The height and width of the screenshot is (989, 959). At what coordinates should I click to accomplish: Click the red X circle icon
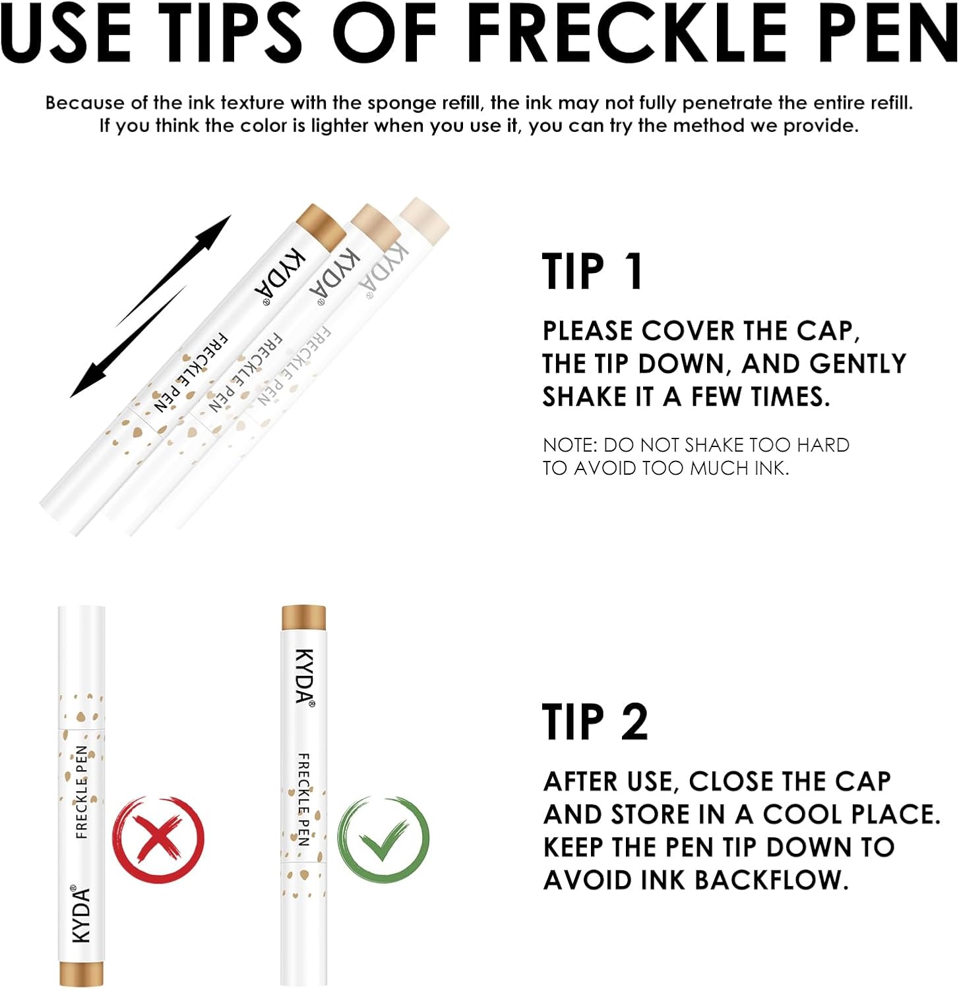click(x=158, y=838)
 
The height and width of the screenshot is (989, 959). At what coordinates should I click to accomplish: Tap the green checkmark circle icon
click(x=383, y=839)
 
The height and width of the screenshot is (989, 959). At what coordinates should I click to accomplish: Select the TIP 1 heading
click(x=592, y=271)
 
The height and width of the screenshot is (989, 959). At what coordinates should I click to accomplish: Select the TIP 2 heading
click(x=595, y=722)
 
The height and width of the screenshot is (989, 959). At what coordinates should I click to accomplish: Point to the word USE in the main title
click(x=67, y=34)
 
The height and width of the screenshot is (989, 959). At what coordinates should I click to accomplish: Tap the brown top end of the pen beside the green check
click(x=303, y=618)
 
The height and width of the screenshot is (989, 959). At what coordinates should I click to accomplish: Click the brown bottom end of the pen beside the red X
click(x=81, y=973)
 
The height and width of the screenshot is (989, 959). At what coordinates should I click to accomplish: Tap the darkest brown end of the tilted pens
click(x=321, y=226)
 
